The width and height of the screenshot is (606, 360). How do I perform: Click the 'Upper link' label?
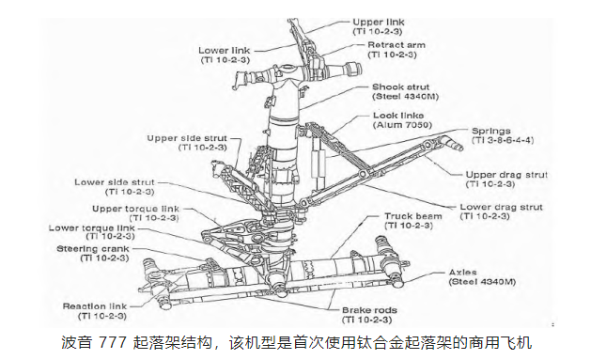[x=380, y=20]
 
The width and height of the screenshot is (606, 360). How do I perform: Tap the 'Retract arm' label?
[x=396, y=44]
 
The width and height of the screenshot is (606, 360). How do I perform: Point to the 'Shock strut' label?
[x=399, y=86]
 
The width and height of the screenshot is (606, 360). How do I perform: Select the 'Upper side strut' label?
[x=188, y=137]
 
